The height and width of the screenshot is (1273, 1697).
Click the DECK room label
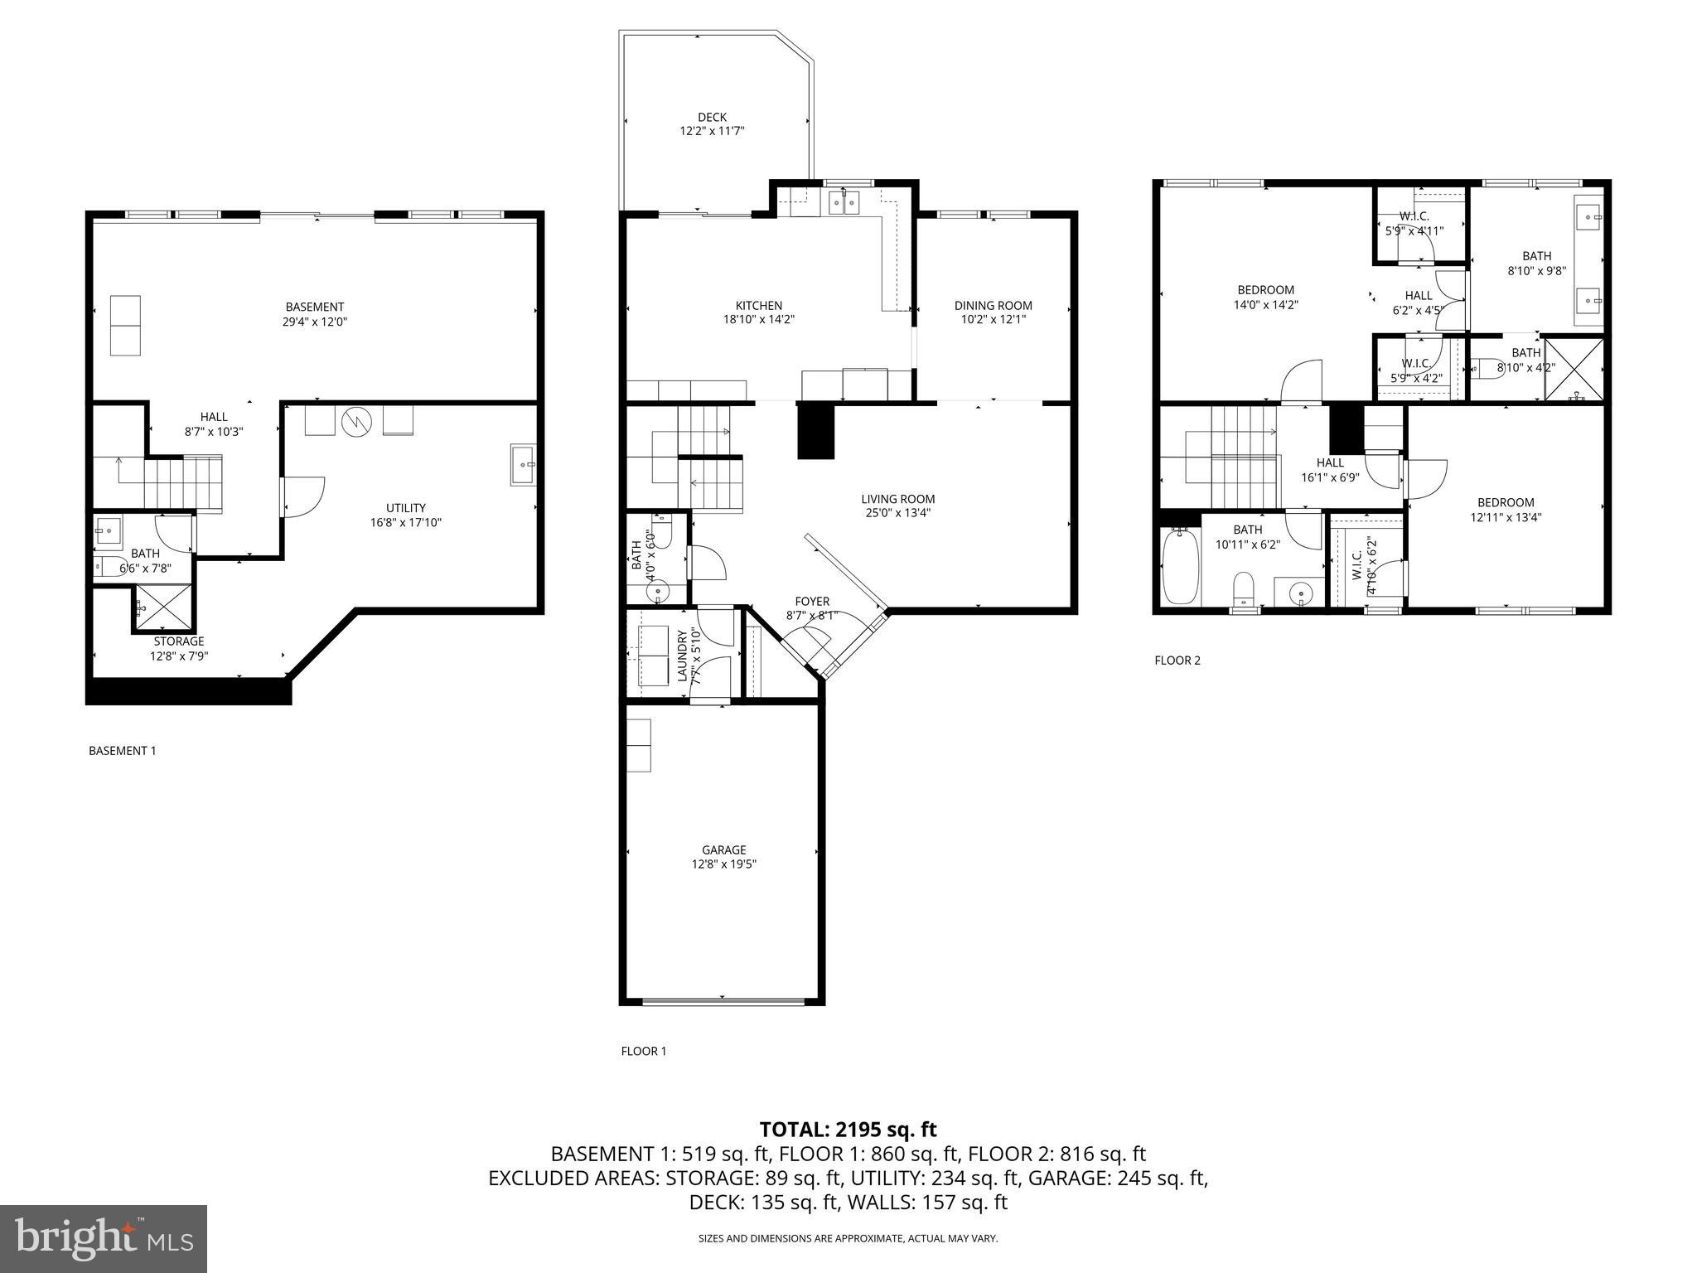[712, 118]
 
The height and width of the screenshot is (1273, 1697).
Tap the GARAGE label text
[723, 849]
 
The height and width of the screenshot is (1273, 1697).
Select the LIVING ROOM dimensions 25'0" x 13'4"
[897, 513]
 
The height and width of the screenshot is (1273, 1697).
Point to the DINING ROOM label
[993, 306]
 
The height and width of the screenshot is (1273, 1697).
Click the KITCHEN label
[758, 306]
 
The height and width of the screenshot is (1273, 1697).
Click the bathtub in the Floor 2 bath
[1180, 567]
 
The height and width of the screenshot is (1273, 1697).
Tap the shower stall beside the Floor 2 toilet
[1574, 368]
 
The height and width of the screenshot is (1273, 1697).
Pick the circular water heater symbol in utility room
[357, 422]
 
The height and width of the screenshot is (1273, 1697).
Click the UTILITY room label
[405, 508]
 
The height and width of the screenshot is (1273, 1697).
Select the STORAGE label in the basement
[178, 641]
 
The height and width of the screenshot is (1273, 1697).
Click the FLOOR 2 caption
[1177, 661]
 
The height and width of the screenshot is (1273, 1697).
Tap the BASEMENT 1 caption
[122, 751]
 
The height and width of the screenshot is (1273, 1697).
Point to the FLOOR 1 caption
[643, 1051]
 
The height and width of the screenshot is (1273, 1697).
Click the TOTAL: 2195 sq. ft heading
[848, 1129]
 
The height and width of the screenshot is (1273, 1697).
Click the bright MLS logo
[104, 1238]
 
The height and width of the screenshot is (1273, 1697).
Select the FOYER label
[812, 602]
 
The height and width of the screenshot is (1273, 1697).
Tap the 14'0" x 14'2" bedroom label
[1265, 298]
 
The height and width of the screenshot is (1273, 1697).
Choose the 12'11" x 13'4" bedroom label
[1506, 510]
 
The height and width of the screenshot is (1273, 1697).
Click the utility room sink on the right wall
[523, 465]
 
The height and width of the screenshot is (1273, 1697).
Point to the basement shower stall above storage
[162, 608]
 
